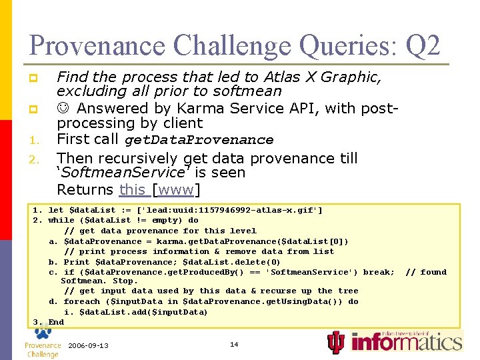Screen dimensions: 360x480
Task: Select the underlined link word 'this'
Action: pyautogui.click(x=132, y=189)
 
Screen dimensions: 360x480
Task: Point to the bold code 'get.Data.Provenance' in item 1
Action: pyautogui.click(x=199, y=140)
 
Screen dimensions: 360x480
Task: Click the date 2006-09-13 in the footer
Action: pyautogui.click(x=88, y=345)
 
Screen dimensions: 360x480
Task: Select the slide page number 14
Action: pyautogui.click(x=234, y=345)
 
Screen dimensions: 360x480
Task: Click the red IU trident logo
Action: pyautogui.click(x=337, y=343)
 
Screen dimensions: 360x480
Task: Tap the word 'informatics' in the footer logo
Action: pyautogui.click(x=406, y=343)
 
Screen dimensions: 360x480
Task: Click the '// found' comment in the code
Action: pyautogui.click(x=426, y=272)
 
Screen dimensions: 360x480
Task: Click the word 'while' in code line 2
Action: pyautogui.click(x=61, y=220)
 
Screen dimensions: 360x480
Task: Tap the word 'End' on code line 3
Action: pyautogui.click(x=56, y=322)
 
